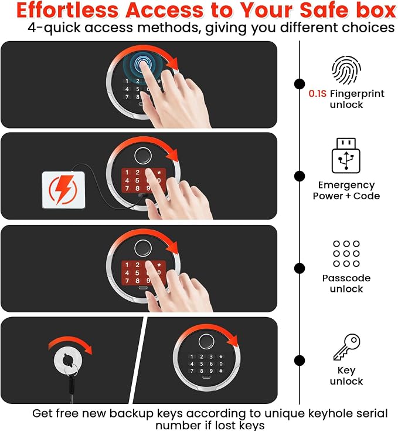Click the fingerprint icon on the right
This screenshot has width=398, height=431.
click(346, 70)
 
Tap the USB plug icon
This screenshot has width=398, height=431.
click(346, 156)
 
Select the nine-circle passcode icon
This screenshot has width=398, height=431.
click(346, 254)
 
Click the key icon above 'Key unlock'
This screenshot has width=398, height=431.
click(346, 347)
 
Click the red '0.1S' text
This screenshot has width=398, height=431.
click(317, 94)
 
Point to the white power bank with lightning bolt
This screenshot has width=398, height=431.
click(63, 190)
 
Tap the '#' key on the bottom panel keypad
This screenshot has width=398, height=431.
click(221, 371)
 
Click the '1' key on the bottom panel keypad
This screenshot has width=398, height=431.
click(192, 357)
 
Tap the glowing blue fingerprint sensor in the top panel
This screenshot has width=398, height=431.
click(142, 64)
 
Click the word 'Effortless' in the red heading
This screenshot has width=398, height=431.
click(67, 11)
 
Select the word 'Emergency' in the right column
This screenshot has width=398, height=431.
click(346, 186)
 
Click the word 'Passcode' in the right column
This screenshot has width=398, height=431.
click(346, 278)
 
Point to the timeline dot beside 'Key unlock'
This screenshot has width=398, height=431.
click(300, 361)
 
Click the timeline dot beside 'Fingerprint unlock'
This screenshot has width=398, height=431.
click(300, 84)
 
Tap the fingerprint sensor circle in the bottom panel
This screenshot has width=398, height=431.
click(206, 342)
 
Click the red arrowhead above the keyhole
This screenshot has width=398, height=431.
click(89, 349)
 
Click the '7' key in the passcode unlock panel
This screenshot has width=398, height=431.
click(127, 281)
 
